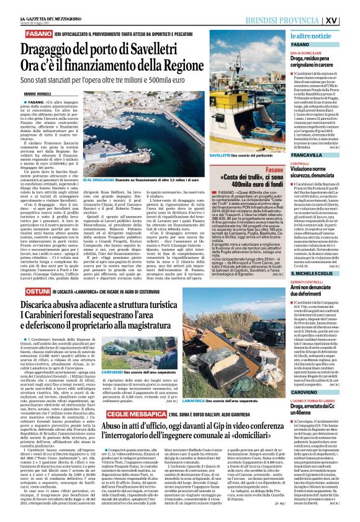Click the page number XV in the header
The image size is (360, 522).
348,19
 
